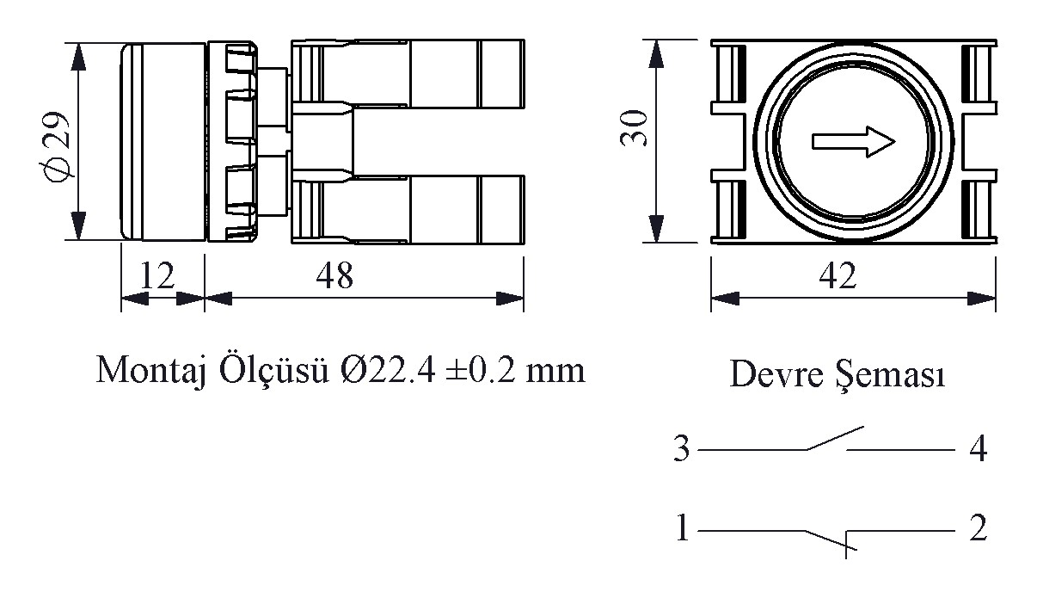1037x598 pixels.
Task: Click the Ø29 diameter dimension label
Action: (55, 147)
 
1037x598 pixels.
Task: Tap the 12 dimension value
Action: (157, 275)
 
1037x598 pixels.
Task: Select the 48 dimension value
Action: (334, 275)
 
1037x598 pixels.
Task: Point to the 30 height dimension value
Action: (634, 128)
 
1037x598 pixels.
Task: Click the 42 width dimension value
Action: (838, 275)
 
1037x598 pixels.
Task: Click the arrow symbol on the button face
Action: (854, 142)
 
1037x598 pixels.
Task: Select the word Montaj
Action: (151, 372)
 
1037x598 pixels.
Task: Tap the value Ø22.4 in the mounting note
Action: (388, 371)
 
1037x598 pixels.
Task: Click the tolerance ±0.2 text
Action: (481, 371)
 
